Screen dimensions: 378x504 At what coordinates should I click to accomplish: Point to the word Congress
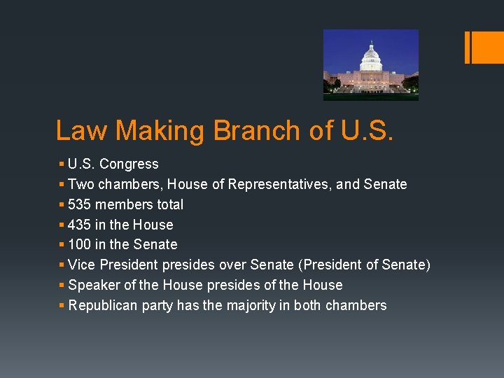[129, 164]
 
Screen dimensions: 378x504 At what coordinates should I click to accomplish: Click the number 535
[80, 205]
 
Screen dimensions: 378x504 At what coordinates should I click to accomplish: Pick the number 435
[80, 225]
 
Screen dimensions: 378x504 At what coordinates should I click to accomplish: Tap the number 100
[80, 245]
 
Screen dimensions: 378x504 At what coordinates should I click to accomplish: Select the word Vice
[82, 265]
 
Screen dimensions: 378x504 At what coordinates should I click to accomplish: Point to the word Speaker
[92, 286]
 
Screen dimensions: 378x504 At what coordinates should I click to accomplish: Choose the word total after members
[168, 205]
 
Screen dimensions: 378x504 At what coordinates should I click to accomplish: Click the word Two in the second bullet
[81, 185]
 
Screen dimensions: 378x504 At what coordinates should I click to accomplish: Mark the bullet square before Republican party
[62, 306]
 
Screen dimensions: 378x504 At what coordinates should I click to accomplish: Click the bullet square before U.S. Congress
[62, 164]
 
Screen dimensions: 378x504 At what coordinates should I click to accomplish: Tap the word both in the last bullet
[307, 306]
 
